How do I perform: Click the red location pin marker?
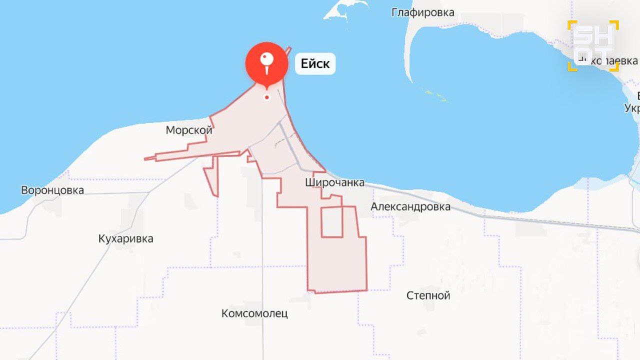coord(266,63)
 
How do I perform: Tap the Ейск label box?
coord(315,64)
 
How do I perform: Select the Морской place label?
coord(189,130)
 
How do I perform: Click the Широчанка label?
coord(334,182)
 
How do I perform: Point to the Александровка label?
coord(410,206)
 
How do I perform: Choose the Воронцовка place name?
coord(52,190)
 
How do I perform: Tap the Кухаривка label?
coord(126,238)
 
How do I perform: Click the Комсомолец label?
coord(254,313)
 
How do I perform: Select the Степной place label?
coord(428,295)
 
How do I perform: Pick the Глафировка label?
coord(423,12)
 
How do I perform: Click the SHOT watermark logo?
coord(593,45)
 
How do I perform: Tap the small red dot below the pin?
coord(267,97)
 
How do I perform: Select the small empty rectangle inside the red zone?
coord(331,221)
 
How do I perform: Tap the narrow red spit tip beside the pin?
coord(288,49)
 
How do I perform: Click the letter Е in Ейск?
coord(304,64)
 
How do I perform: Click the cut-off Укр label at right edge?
coord(632,108)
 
